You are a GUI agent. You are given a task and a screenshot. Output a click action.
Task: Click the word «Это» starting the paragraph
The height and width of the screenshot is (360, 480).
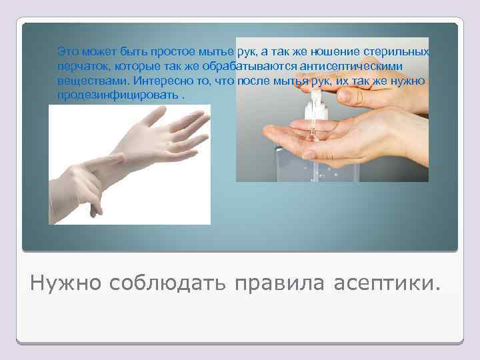point(67,52)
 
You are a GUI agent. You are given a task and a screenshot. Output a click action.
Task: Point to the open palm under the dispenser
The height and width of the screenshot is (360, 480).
point(333,137)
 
